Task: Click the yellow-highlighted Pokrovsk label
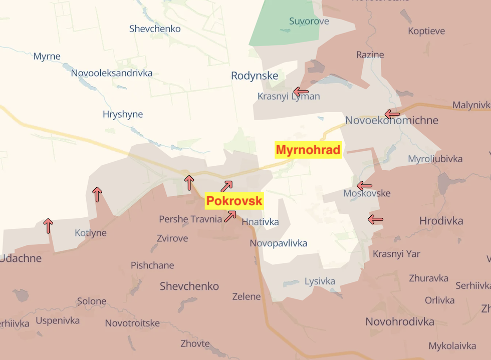(x=234, y=201)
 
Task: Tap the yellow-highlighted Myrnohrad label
(x=308, y=150)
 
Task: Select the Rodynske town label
(x=255, y=76)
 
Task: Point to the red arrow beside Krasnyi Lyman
(x=301, y=92)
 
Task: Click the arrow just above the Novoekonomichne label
(x=392, y=114)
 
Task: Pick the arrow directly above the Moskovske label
(x=364, y=186)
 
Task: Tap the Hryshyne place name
(x=123, y=114)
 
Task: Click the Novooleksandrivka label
(x=111, y=73)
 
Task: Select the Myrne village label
(x=47, y=56)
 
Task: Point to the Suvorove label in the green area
(x=309, y=21)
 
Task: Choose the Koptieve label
(x=426, y=31)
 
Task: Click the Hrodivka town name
(x=441, y=221)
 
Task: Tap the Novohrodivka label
(x=400, y=321)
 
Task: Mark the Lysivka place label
(x=320, y=281)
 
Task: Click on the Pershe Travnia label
(x=190, y=219)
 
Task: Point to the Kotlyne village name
(x=91, y=233)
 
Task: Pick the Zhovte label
(x=195, y=343)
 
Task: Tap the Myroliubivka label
(x=435, y=159)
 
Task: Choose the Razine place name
(x=370, y=55)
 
